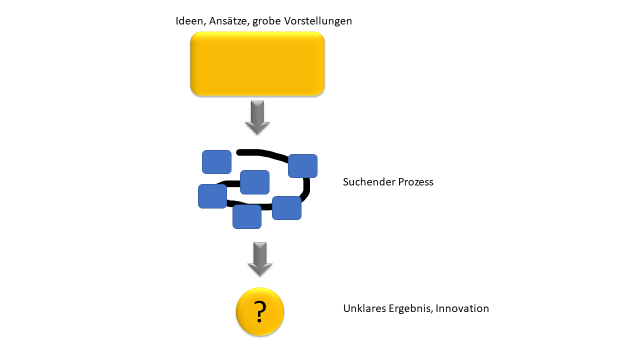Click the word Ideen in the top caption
pyautogui.click(x=189, y=21)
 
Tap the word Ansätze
pyautogui.click(x=229, y=21)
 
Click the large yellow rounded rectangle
pyautogui.click(x=257, y=63)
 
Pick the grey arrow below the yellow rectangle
pyautogui.click(x=257, y=117)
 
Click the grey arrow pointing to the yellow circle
pyautogui.click(x=260, y=259)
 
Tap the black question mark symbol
pyautogui.click(x=259, y=311)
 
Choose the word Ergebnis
pyautogui.click(x=411, y=309)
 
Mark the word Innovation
pyautogui.click(x=462, y=308)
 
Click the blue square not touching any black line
pyautogui.click(x=216, y=162)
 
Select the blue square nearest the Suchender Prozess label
pyautogui.click(x=302, y=166)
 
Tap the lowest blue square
pyautogui.click(x=247, y=216)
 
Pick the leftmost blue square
pyautogui.click(x=212, y=196)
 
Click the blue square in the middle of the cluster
pyautogui.click(x=254, y=182)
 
